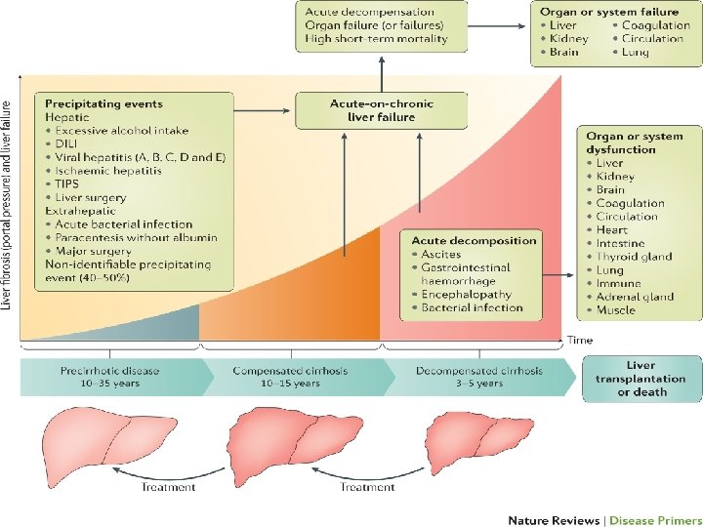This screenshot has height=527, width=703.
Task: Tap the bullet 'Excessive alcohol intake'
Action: (122, 130)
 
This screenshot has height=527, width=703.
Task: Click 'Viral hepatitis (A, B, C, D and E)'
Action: (141, 156)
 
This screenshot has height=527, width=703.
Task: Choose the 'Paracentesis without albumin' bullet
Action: (136, 237)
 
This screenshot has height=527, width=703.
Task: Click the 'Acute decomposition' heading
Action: (474, 240)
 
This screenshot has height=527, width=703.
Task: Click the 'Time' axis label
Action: (579, 340)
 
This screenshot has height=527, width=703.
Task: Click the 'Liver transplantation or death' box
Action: (641, 379)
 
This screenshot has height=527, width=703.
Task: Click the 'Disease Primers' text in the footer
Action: (651, 520)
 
